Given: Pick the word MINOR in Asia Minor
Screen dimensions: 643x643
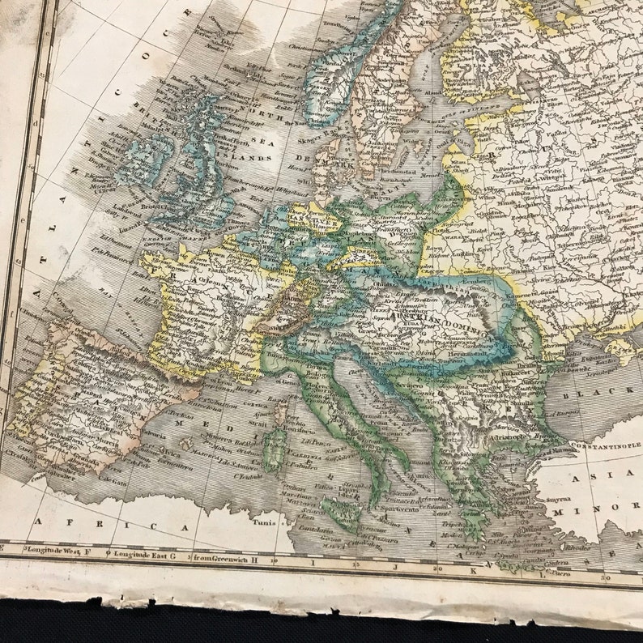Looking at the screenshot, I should [620, 512].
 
